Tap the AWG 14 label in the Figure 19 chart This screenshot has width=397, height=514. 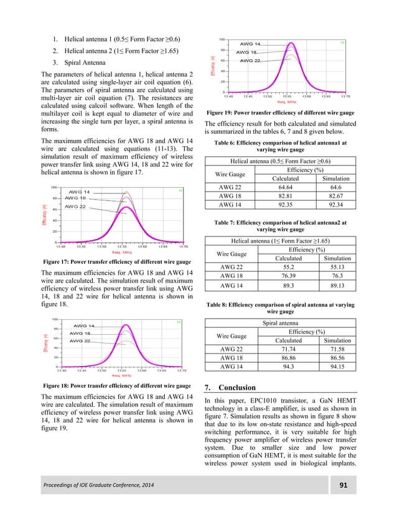click(x=249, y=44)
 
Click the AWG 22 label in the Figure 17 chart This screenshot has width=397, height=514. click(x=76, y=206)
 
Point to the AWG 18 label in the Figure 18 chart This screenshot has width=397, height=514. click(x=80, y=334)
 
